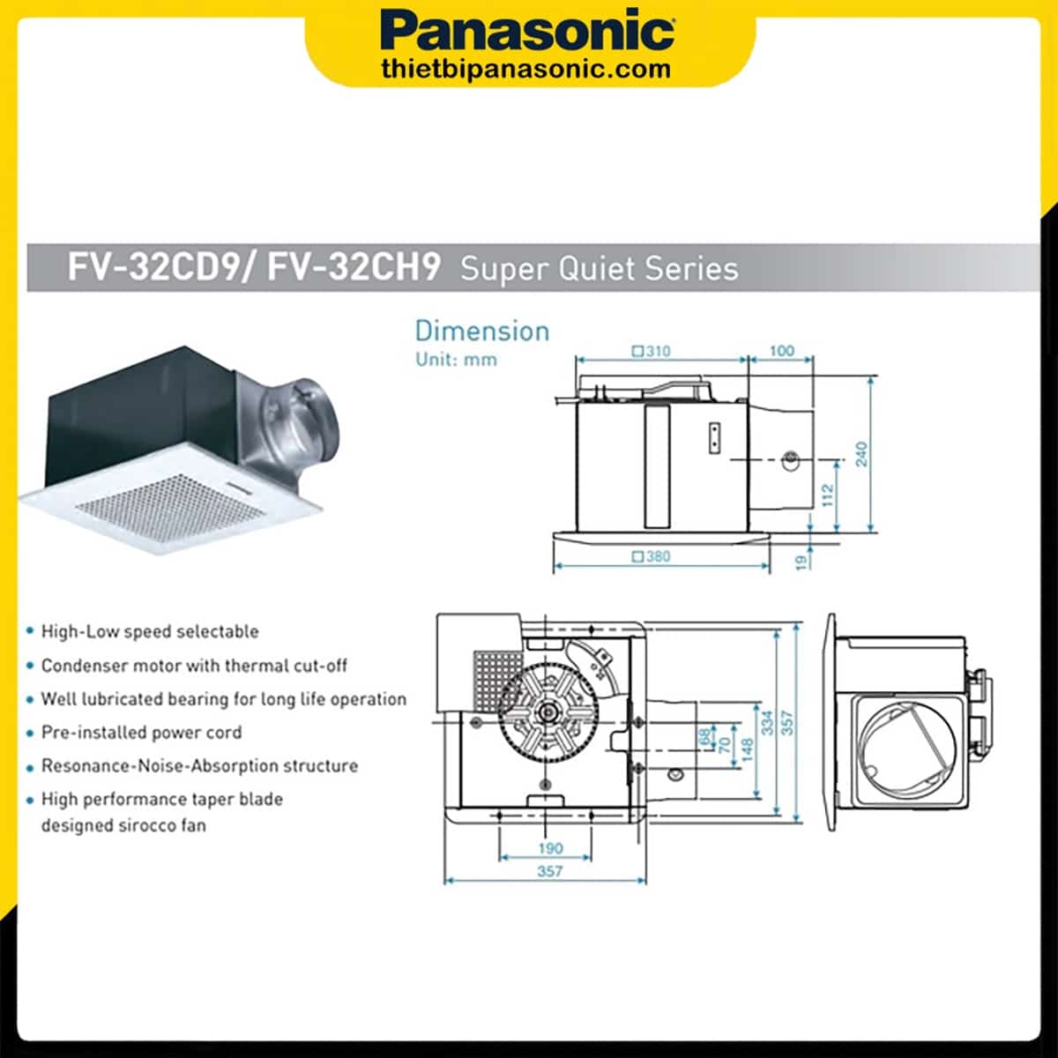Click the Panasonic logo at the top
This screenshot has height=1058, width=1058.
(529, 31)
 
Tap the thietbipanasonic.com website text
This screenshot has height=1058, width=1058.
(526, 69)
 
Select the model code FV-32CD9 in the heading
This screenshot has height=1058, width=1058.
(154, 267)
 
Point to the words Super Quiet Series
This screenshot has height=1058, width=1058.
(599, 268)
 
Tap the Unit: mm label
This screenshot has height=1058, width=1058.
(456, 360)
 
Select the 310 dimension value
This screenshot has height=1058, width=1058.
(652, 351)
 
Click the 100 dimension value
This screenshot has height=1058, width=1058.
(782, 351)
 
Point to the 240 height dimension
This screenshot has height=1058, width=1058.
(861, 454)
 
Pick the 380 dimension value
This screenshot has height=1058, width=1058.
(652, 556)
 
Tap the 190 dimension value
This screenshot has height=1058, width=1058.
(550, 848)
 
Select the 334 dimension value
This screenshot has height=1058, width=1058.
(767, 723)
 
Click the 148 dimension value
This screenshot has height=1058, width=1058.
(747, 749)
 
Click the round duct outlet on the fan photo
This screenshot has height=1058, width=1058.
(314, 412)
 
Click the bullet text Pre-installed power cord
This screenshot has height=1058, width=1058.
(141, 733)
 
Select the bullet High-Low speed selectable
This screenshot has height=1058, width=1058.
(150, 631)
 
